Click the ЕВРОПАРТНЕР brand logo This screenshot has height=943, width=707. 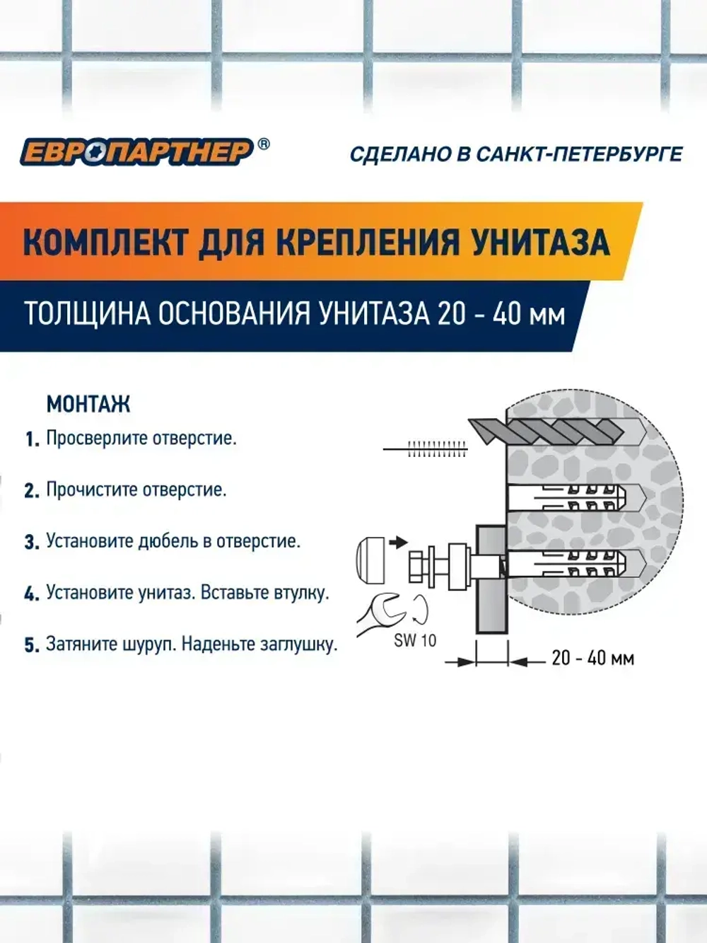[136, 151]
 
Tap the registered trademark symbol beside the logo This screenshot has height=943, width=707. [262, 144]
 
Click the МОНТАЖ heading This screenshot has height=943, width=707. [88, 404]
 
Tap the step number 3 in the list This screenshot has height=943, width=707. [31, 543]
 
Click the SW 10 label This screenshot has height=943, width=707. [415, 641]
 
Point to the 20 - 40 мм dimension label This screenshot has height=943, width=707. [592, 659]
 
